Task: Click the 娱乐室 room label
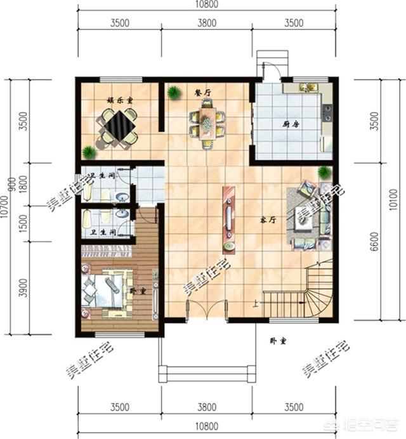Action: click(x=119, y=100)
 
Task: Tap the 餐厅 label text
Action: click(x=203, y=93)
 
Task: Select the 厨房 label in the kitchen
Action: click(x=291, y=124)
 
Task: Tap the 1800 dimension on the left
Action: click(x=23, y=188)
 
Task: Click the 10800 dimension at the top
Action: click(x=207, y=6)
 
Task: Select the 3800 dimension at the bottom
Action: click(x=207, y=406)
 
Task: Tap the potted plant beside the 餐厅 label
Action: click(x=173, y=93)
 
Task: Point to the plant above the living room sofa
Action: click(x=325, y=172)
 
